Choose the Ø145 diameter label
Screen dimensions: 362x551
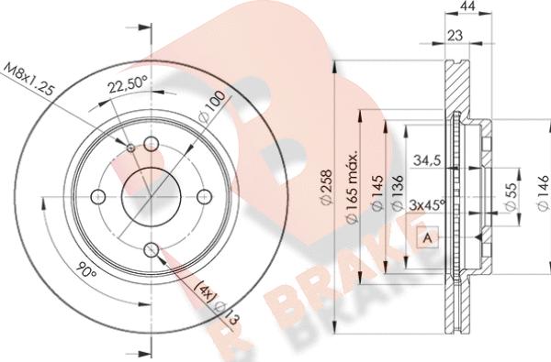click(x=377, y=193)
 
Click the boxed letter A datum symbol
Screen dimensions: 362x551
click(x=428, y=239)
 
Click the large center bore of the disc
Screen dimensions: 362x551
click(x=148, y=194)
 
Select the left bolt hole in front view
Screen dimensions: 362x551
click(x=98, y=194)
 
